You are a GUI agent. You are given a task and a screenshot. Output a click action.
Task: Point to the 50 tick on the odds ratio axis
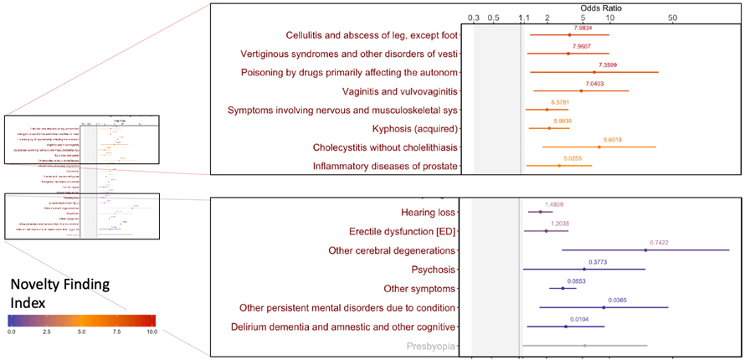[x=672, y=18]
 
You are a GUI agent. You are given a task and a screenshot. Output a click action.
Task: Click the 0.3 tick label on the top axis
[x=473, y=18]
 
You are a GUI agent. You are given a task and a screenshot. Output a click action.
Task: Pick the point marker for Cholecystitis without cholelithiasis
[x=599, y=147]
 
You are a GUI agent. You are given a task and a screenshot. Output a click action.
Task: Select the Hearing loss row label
[x=429, y=213]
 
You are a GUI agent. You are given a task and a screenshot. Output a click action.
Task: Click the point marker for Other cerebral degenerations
[x=645, y=250]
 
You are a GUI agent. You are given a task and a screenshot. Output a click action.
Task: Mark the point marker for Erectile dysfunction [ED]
[x=546, y=231]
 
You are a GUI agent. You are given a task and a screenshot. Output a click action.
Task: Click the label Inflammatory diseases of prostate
[x=385, y=167]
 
